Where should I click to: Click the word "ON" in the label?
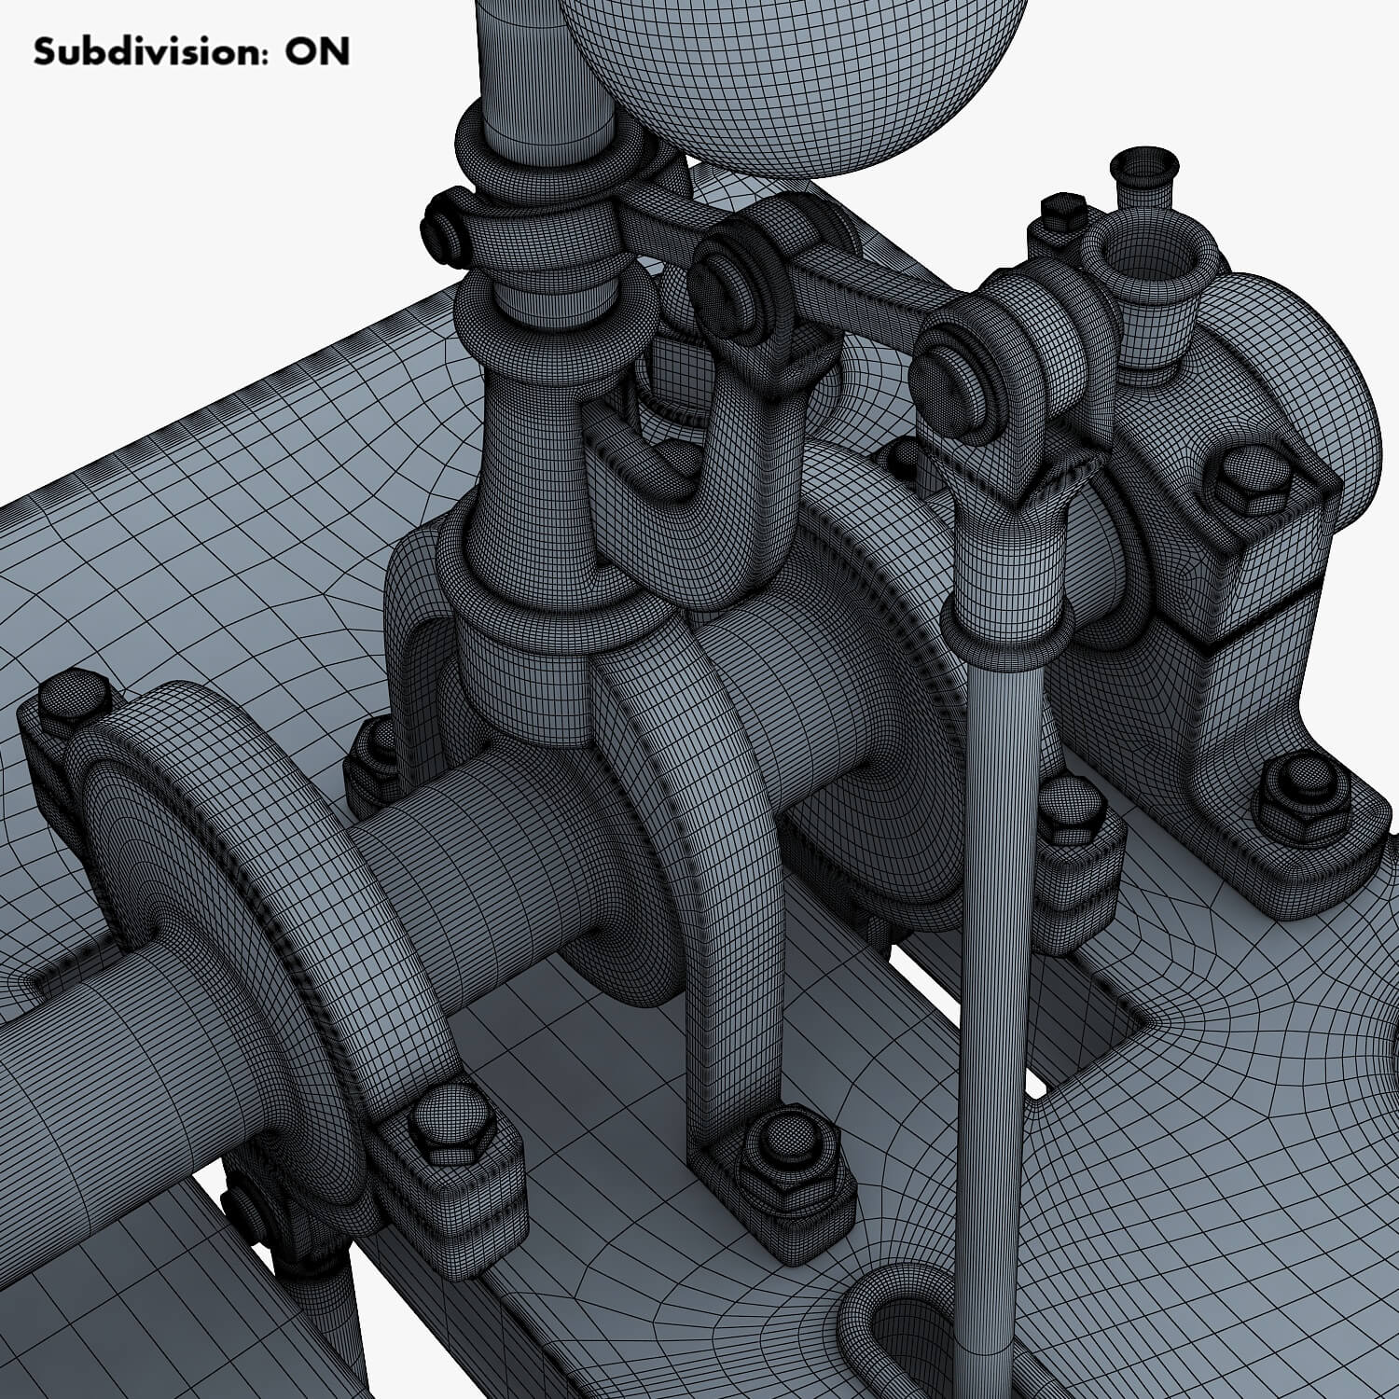(318, 52)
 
